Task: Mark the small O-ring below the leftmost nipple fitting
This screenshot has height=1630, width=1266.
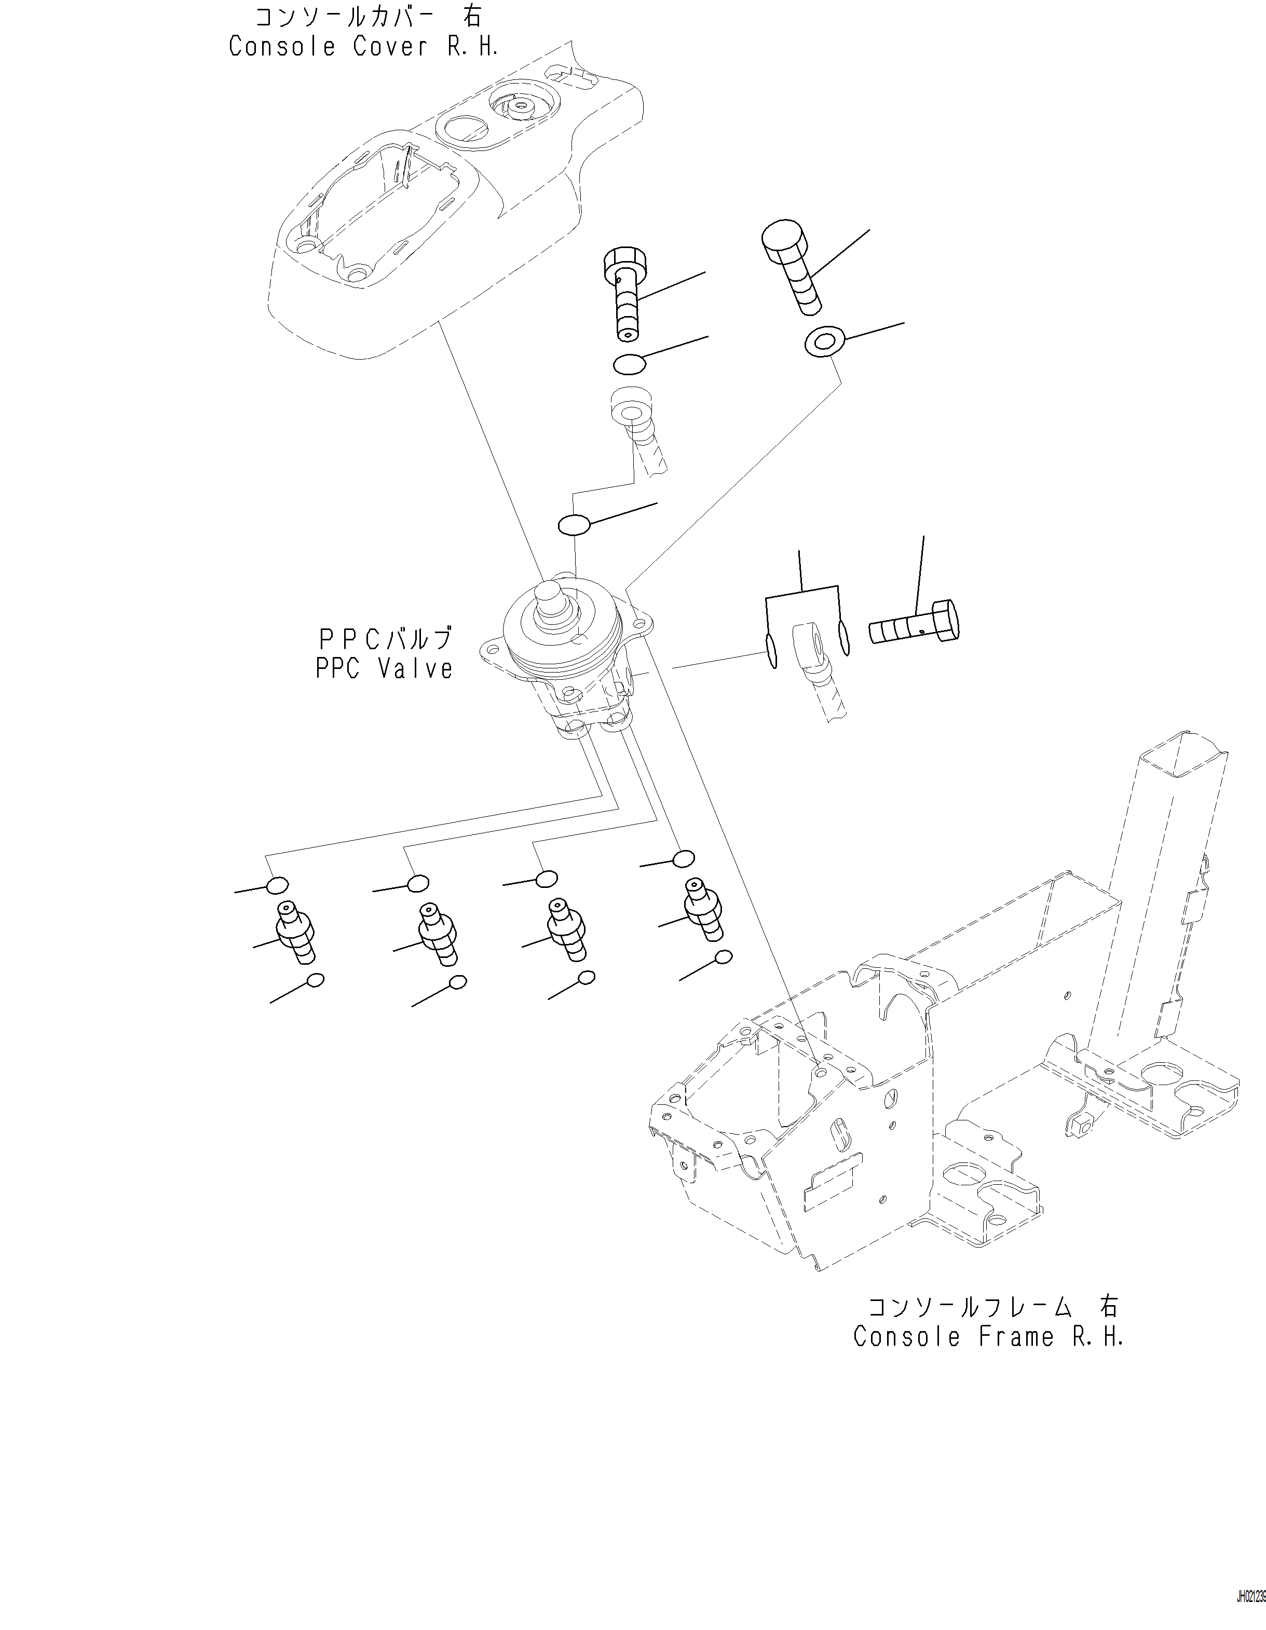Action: pos(316,980)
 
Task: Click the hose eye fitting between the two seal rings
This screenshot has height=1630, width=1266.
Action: pos(810,645)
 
